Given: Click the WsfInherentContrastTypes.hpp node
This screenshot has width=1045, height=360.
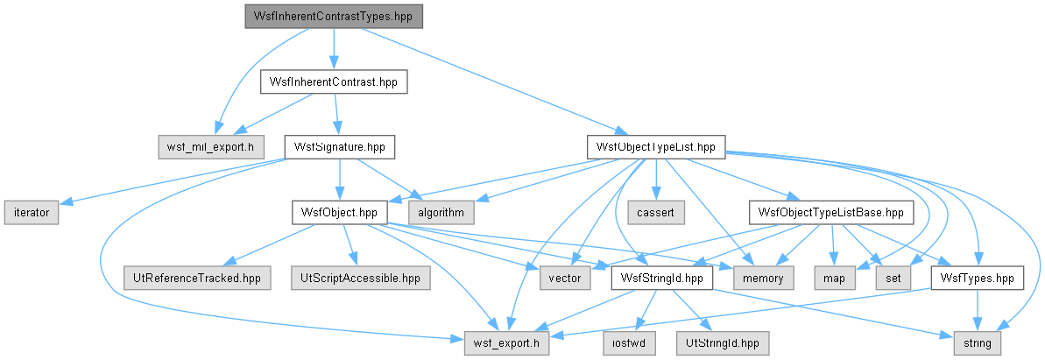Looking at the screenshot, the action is click(334, 16).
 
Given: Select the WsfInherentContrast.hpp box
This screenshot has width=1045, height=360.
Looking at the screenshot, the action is click(333, 81).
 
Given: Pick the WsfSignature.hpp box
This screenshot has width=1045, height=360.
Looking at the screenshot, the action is click(340, 146).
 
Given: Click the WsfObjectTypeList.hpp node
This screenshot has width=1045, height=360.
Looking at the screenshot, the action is click(656, 146).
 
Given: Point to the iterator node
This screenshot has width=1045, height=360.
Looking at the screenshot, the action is click(32, 212).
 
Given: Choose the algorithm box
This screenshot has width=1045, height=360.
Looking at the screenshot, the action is click(441, 212).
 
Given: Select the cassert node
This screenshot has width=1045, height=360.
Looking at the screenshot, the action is click(657, 212).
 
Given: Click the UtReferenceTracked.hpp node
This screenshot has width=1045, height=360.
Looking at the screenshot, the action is click(197, 278).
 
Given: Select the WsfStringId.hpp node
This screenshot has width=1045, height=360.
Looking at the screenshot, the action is click(662, 278).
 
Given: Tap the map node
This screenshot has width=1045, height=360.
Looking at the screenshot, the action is click(834, 278).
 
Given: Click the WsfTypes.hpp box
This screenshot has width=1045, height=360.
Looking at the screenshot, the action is click(977, 278).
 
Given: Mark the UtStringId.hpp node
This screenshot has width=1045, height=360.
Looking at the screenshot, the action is click(723, 342).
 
